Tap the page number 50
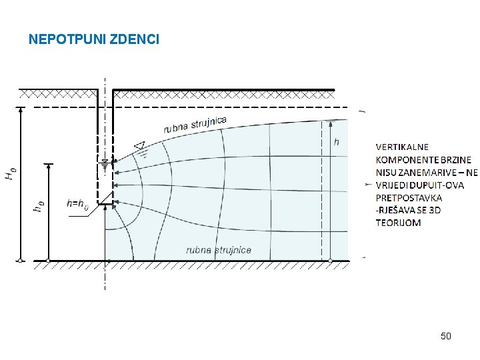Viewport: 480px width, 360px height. pos(445,336)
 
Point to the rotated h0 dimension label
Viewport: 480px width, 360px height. pos(39,207)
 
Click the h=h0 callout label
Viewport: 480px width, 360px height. pos(78,203)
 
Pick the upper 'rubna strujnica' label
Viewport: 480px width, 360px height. pos(195,124)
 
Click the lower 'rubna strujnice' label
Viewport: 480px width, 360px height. pos(219,250)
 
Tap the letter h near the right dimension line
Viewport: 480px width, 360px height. pos(336,142)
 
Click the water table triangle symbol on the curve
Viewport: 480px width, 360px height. pos(139,145)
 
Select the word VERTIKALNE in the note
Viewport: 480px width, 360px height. pos(403,147)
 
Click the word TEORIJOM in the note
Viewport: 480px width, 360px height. pos(399,223)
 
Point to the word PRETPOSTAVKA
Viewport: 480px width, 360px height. pos(409,197)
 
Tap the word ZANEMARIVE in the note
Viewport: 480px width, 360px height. pos(429,172)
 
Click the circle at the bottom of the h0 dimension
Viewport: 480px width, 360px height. pos(49,260)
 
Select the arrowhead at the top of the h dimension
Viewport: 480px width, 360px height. pos(330,123)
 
